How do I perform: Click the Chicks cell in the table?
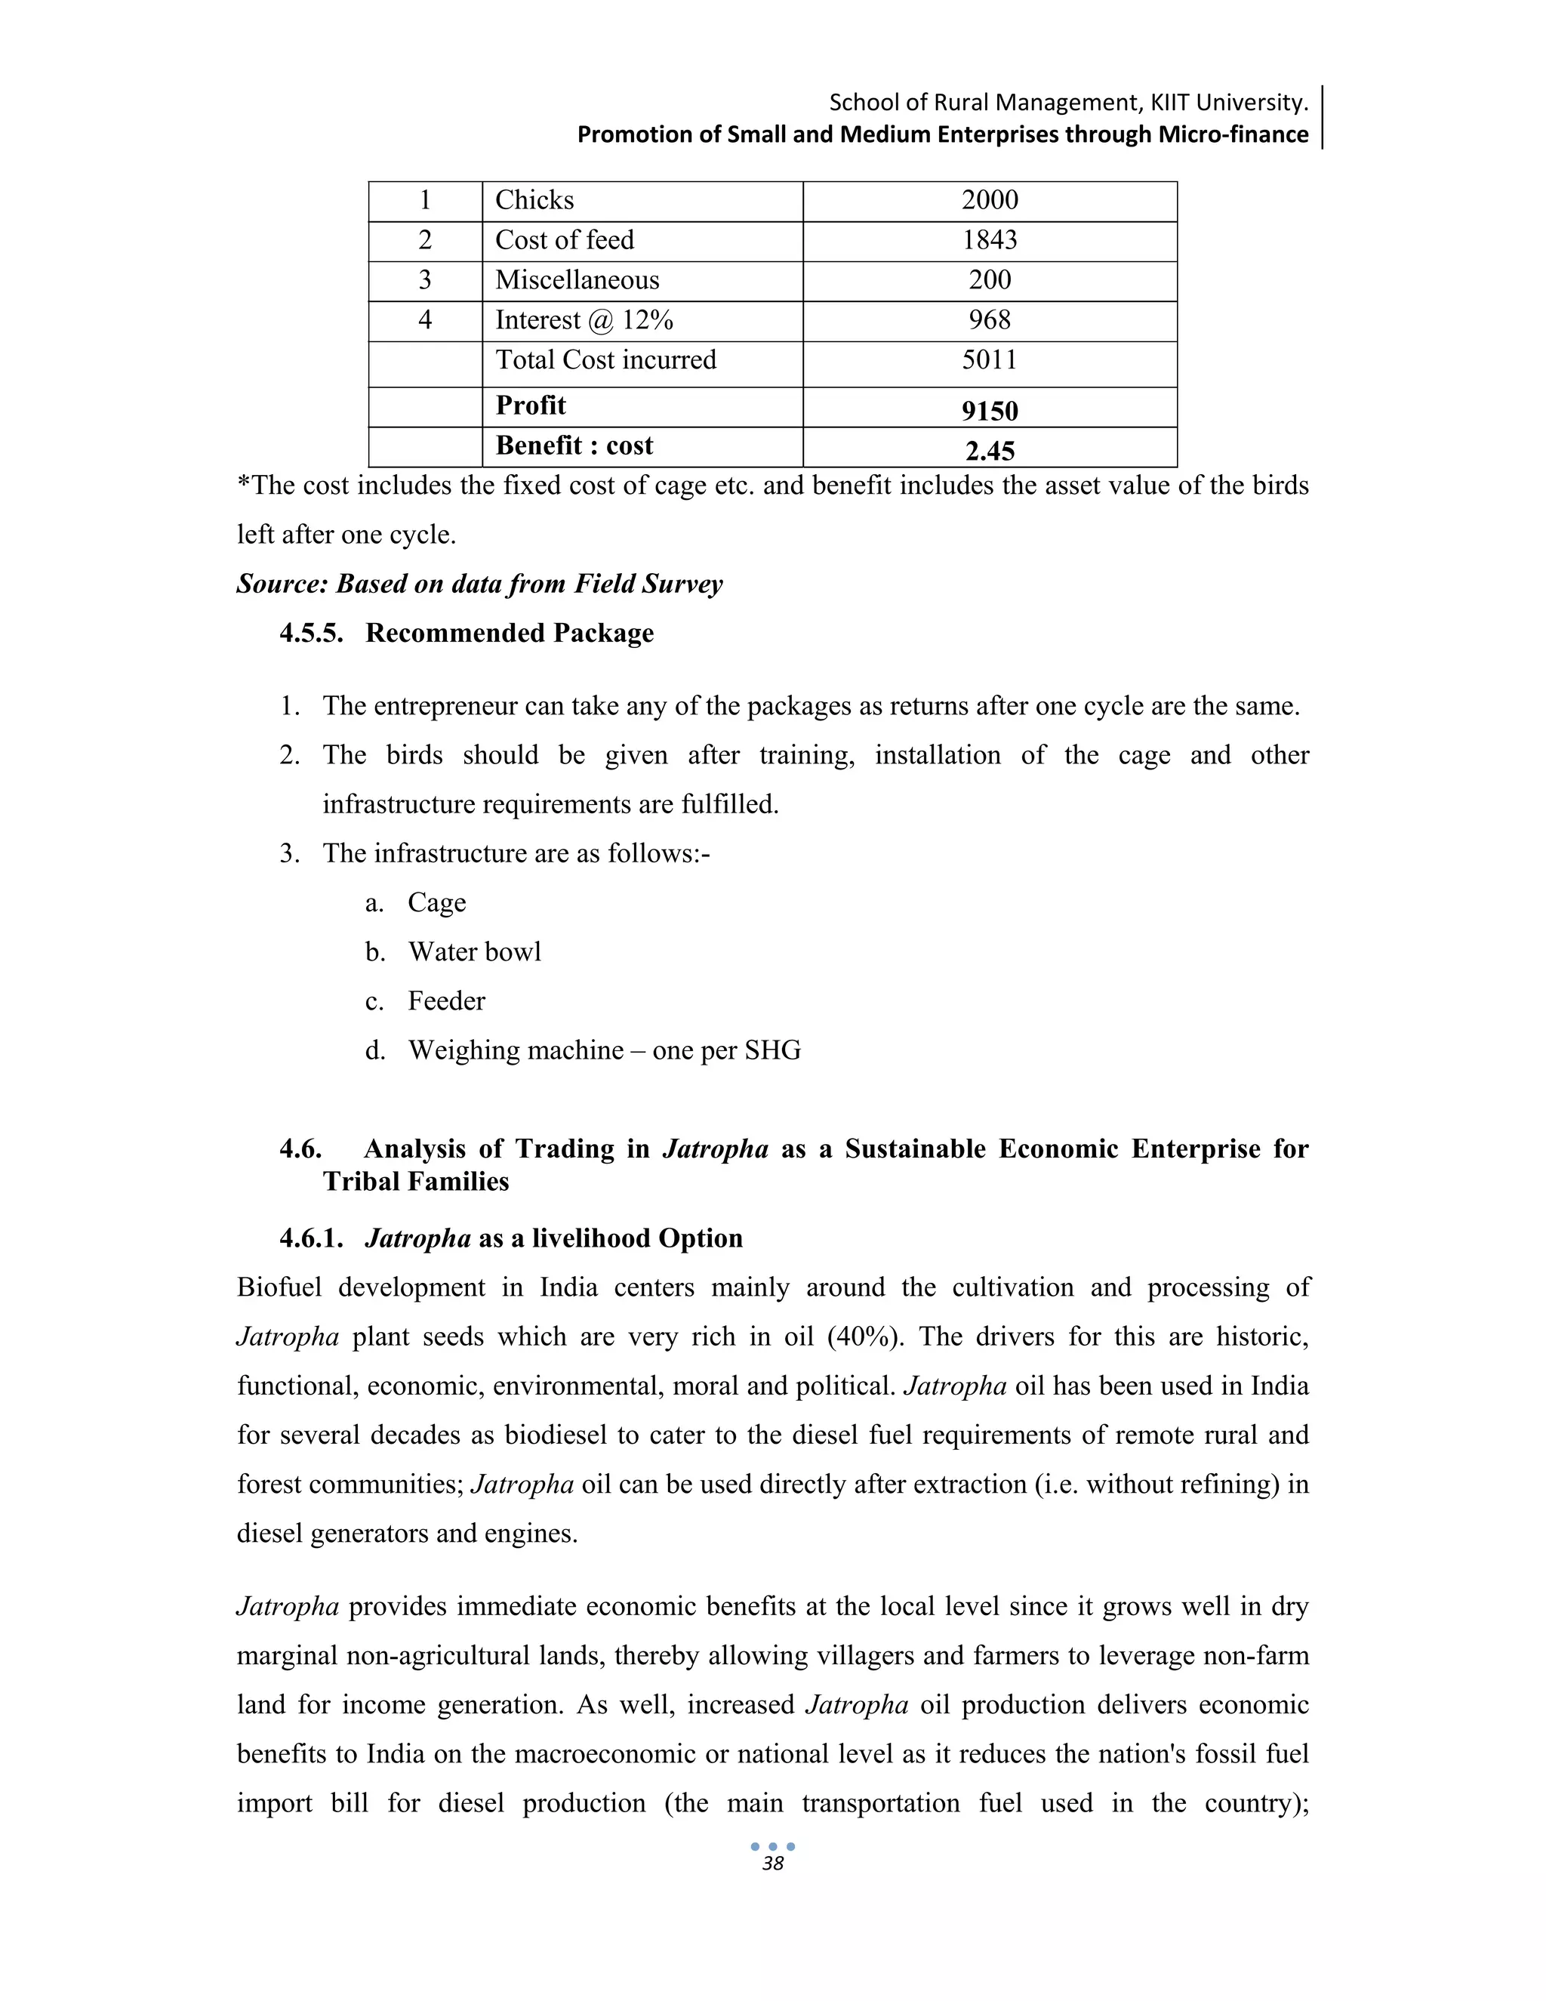coord(535,201)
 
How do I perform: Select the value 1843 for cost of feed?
coord(989,240)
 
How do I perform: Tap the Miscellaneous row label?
coord(577,280)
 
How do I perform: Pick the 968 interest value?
coord(989,319)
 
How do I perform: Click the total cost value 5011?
coord(989,360)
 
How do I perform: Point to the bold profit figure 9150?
coord(989,411)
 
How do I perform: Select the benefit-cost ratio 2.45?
coord(989,451)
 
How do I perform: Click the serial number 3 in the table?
coord(425,280)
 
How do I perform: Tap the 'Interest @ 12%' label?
coord(584,319)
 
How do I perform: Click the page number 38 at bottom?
coord(773,1864)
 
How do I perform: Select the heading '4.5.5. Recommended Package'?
coord(467,633)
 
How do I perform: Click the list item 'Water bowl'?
coord(474,952)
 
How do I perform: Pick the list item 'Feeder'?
coord(446,1000)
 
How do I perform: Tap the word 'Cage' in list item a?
coord(437,902)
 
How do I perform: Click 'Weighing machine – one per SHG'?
coord(605,1050)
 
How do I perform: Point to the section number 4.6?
coord(300,1149)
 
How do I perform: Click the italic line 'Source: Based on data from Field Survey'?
coord(480,584)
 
